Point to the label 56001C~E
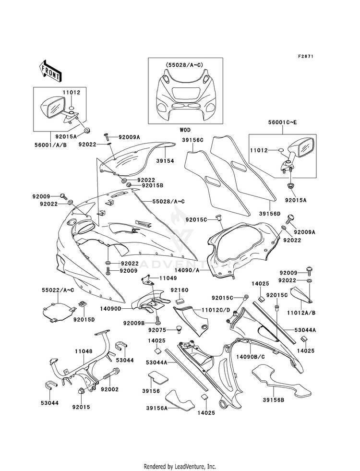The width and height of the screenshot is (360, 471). tap(282, 122)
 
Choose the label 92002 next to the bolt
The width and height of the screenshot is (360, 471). tap(109, 389)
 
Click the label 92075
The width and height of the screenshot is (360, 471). tap(157, 330)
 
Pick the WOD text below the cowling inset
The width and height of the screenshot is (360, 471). tap(185, 130)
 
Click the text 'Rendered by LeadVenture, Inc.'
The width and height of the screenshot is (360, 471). tap(180, 466)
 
